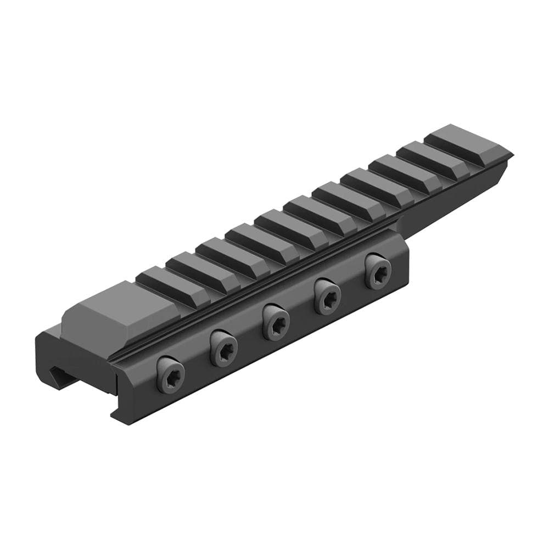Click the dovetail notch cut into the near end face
(55, 376)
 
